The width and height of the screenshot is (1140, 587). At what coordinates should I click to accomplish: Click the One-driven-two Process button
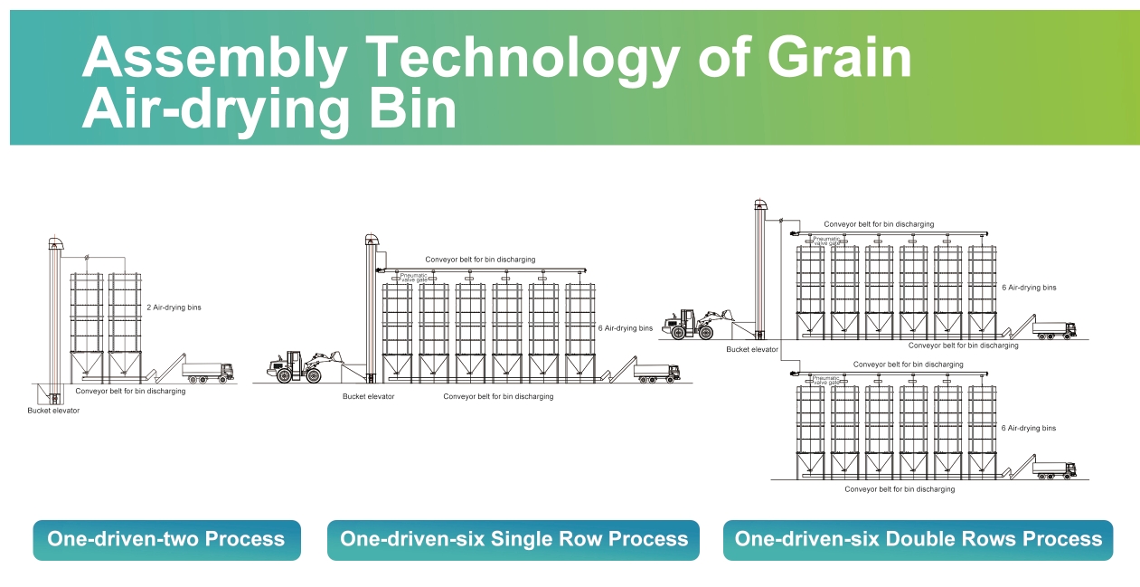pos(167,540)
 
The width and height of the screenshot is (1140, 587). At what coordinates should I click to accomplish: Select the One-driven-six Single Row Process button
pos(513,540)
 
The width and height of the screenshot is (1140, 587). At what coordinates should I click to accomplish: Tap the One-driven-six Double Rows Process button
pos(919,540)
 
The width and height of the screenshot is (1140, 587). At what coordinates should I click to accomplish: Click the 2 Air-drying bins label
pos(174,308)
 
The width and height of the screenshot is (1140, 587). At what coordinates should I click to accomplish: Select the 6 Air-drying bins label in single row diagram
pos(626,328)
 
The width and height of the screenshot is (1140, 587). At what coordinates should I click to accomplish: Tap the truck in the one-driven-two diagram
pos(208,373)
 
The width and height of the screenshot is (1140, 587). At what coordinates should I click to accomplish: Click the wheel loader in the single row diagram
pos(305,366)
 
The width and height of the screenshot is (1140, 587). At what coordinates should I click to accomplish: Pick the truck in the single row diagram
pos(657,374)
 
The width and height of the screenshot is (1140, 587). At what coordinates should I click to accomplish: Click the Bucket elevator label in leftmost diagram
pos(53,411)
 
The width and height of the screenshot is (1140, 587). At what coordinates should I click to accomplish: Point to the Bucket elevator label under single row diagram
pos(369,396)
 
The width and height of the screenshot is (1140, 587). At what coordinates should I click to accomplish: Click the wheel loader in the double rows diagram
pos(698,325)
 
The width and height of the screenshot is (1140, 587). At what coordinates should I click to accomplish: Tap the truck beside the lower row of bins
pos(1054,470)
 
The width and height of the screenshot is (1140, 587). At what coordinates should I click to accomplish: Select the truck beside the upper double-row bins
pos(1054,330)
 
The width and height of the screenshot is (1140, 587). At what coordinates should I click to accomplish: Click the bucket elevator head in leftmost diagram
pos(56,243)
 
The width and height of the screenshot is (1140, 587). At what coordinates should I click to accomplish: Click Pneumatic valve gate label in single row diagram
pos(414,278)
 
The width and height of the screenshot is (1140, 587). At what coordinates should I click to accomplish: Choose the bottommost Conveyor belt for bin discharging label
pos(900,489)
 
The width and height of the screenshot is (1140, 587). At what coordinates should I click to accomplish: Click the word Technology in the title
pos(523,60)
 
